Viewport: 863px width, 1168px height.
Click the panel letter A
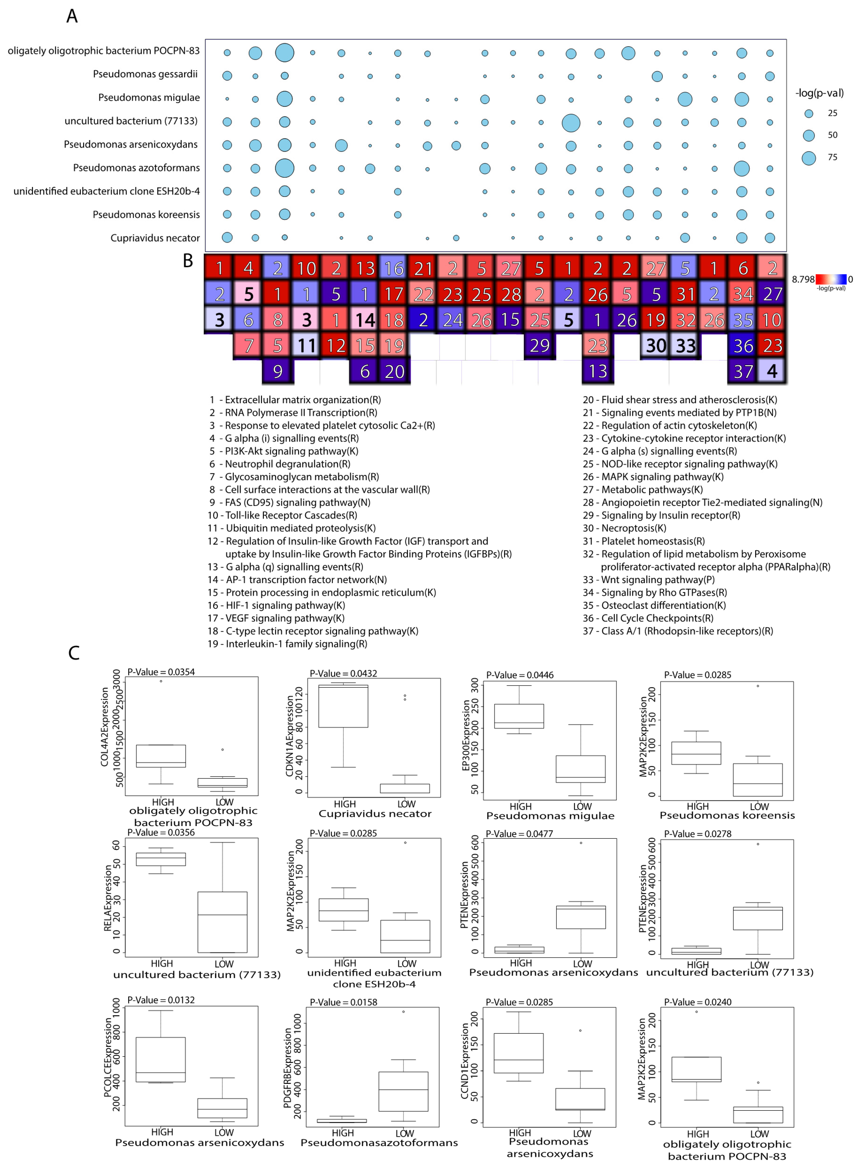72,16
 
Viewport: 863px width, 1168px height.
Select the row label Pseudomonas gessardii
145,74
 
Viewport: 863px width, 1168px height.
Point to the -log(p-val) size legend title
819,93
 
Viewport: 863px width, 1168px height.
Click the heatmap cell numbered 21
423,268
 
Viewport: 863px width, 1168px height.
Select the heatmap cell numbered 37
743,371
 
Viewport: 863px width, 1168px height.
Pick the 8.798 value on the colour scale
803,279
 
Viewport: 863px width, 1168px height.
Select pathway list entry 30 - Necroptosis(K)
625,528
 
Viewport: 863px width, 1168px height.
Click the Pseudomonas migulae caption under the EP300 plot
550,816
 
